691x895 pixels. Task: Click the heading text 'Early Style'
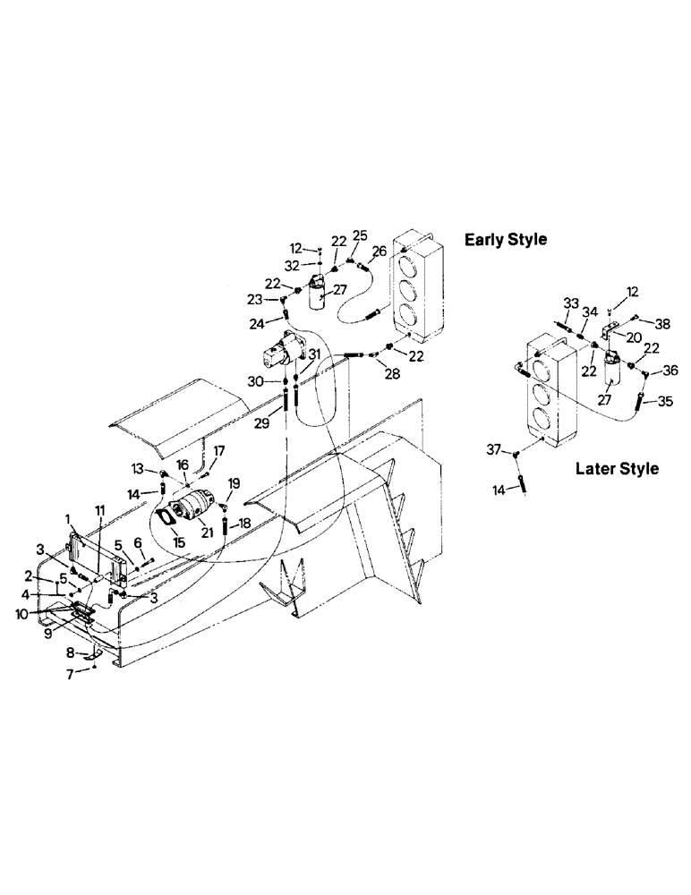pos(506,240)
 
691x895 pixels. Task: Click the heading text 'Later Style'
pos(617,468)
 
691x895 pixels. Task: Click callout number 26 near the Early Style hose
pos(380,251)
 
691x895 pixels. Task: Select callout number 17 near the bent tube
pos(218,450)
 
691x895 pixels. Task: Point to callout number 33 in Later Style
pos(570,303)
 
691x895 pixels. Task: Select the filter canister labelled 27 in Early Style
pos(316,294)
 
